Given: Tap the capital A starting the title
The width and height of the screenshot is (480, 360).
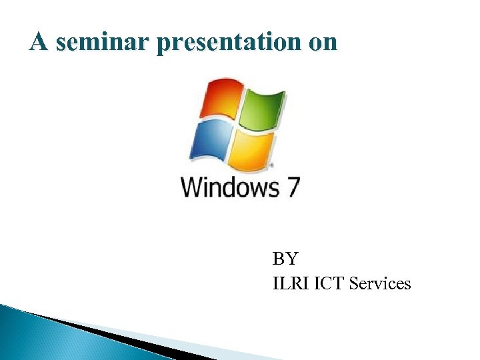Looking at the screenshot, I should tap(39, 43).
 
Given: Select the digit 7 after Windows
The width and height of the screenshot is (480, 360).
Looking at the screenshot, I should tap(292, 186).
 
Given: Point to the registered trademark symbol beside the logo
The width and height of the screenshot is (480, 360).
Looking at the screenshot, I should tap(271, 164).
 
